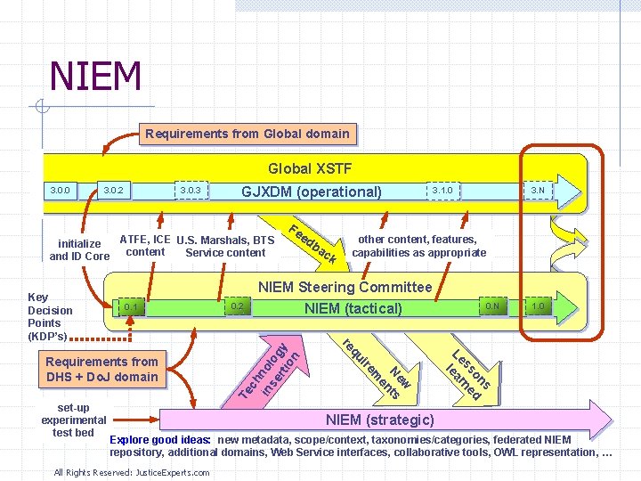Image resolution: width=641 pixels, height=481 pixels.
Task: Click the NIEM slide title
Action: click(95, 76)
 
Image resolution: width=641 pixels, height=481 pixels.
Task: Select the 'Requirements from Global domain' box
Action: click(247, 135)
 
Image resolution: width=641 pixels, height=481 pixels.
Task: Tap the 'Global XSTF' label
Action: click(310, 168)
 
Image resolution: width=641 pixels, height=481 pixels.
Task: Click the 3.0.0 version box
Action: click(61, 190)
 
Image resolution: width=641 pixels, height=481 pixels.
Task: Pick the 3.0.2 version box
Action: click(114, 190)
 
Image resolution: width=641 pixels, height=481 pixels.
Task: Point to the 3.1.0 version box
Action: click(442, 190)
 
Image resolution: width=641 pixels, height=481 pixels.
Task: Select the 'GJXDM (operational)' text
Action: click(312, 192)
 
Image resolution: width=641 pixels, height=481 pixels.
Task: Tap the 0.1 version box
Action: click(132, 307)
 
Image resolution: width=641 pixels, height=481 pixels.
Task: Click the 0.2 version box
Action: click(236, 307)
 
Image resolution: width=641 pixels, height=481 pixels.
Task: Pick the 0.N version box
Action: click(492, 306)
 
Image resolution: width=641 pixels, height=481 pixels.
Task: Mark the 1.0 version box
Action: click(539, 306)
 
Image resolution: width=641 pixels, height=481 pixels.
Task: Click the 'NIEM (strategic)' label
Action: click(379, 420)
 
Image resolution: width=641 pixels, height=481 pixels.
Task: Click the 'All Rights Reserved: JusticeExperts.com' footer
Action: click(132, 472)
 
